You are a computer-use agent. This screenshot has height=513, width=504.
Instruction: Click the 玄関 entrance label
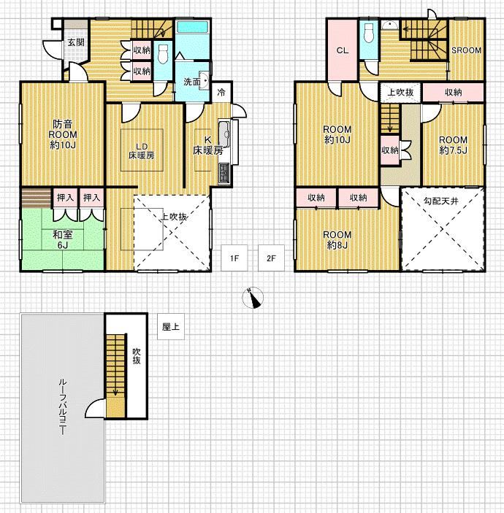pos(76,42)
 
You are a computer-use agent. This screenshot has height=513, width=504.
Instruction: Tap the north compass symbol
pos(253,298)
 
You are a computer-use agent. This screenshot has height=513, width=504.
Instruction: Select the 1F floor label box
pos(234,258)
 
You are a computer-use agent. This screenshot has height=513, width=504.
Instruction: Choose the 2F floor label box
pos(271,258)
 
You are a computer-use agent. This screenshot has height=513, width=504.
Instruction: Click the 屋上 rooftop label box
pos(171,326)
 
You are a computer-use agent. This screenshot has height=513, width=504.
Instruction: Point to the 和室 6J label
pos(63,240)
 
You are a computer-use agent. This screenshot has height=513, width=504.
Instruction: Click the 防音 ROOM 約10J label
pos(63,134)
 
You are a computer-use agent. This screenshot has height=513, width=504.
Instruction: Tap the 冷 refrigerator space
pos(221,92)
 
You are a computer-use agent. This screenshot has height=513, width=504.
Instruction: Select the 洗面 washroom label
pos(192,82)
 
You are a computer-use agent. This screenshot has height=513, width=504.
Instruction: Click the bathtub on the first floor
pos(192,27)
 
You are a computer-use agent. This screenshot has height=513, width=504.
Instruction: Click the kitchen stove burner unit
pos(225,174)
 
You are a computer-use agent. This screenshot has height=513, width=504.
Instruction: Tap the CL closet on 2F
pos(343,50)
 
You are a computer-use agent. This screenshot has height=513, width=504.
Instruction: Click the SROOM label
pos(466,50)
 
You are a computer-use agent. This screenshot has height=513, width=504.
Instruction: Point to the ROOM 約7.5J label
pos(454,145)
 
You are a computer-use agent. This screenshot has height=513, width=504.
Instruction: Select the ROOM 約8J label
pos(337,240)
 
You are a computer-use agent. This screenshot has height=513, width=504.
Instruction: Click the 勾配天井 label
pos(441,201)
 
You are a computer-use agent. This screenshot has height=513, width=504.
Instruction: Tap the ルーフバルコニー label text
pos(63,407)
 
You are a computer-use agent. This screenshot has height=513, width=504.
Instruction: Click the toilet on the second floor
pos(369,33)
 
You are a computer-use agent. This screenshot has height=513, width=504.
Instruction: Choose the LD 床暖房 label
pos(142,151)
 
